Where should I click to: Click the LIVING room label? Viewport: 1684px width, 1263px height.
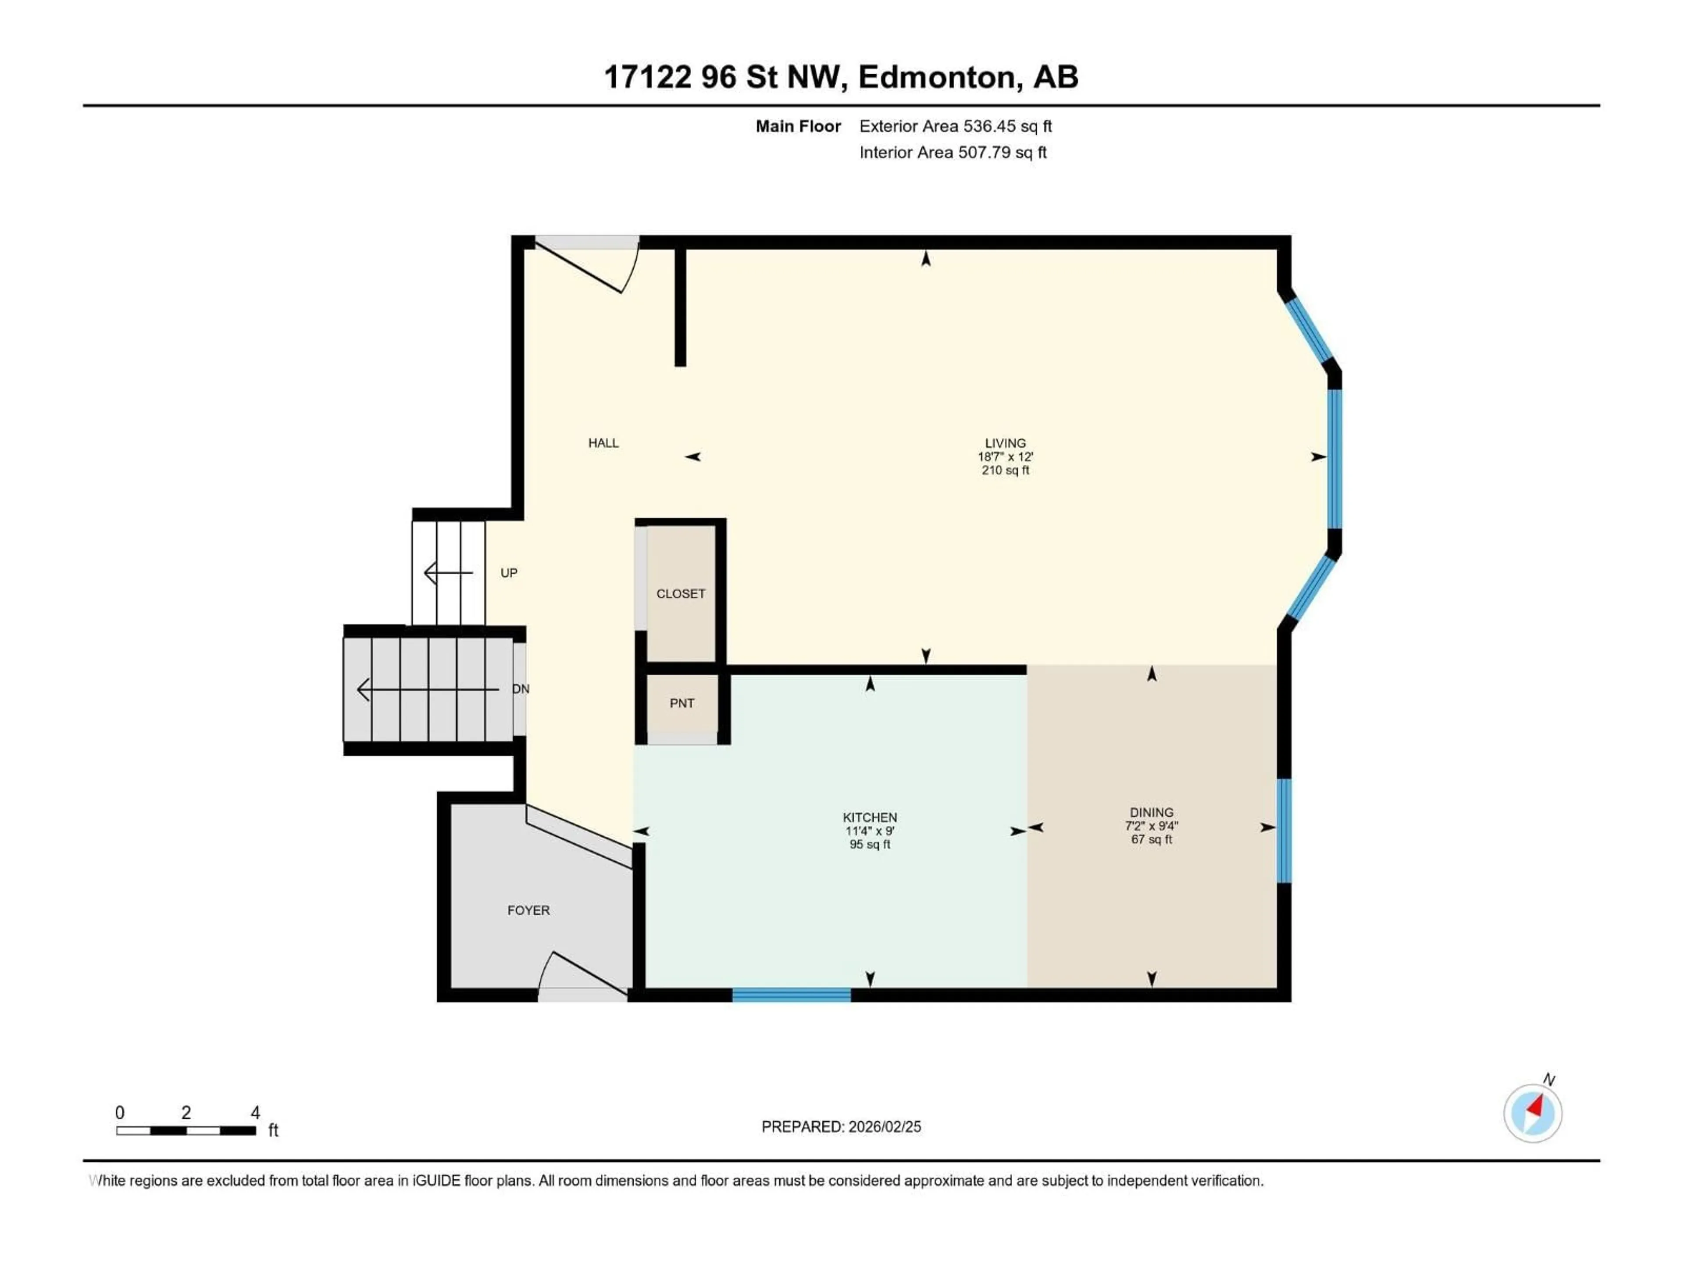(x=1005, y=443)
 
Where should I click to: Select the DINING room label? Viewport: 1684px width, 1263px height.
(x=1151, y=812)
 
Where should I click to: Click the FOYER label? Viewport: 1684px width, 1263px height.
(x=528, y=910)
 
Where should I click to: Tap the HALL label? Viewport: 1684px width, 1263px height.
(x=603, y=443)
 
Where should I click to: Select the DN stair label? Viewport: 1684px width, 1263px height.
(x=521, y=689)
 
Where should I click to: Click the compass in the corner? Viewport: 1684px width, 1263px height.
(x=1533, y=1113)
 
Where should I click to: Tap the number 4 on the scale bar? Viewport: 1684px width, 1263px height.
(x=256, y=1112)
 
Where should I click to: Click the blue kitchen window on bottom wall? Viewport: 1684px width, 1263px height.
(x=791, y=994)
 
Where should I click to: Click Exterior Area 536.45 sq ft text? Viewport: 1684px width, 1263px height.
(x=956, y=126)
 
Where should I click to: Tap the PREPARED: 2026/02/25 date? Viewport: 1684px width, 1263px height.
(x=841, y=1127)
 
